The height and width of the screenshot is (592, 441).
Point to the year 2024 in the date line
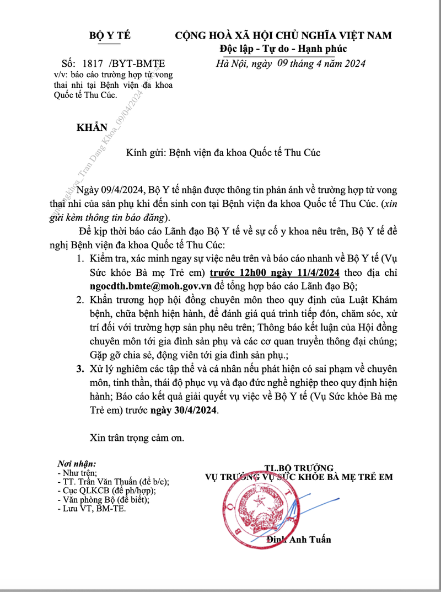point(353,63)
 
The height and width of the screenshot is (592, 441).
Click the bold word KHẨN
point(92,127)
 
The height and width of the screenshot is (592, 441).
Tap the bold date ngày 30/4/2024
point(186,410)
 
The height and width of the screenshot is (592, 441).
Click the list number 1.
point(81,260)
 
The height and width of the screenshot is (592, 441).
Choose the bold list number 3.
point(80,369)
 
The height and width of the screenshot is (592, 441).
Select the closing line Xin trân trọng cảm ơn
point(137,438)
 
